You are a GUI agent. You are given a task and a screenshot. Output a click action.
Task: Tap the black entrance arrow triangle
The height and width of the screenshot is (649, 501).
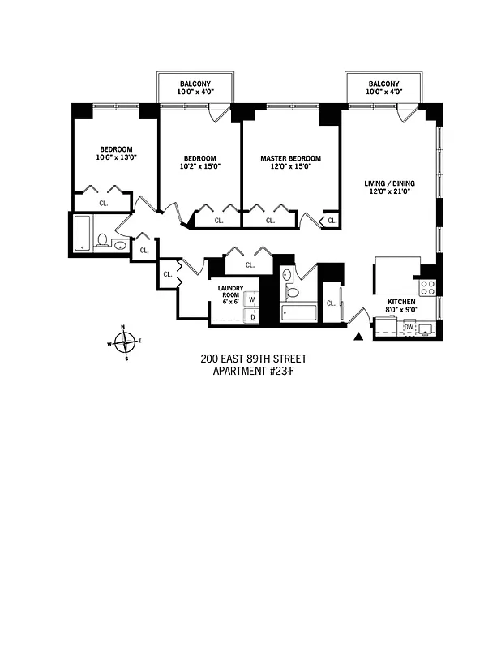tap(358, 335)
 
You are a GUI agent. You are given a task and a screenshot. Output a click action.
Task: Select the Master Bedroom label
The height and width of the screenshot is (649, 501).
tap(290, 158)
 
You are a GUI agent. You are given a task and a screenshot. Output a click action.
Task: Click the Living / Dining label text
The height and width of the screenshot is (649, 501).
tap(388, 184)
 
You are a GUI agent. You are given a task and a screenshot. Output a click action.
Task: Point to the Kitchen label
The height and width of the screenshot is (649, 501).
tap(401, 302)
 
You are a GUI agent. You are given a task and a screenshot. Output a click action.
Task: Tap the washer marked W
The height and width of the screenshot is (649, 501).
tap(252, 300)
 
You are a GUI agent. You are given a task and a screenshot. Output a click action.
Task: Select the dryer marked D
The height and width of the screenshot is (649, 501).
tap(252, 316)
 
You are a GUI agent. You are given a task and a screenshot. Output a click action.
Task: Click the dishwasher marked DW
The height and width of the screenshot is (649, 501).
tap(409, 327)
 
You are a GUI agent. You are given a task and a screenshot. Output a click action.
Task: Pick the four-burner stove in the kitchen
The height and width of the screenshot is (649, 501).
tap(428, 286)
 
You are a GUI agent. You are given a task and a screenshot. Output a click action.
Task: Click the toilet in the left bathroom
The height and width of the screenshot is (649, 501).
tap(103, 240)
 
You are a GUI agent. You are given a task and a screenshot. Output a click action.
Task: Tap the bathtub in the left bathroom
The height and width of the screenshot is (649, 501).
tap(83, 233)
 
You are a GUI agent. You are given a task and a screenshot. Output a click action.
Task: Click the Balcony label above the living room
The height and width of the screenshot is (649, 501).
tap(383, 84)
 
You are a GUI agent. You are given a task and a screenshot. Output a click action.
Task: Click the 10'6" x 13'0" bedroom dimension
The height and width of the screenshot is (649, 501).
tap(116, 157)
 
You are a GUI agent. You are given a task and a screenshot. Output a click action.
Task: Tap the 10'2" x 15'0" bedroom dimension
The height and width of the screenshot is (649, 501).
tap(199, 166)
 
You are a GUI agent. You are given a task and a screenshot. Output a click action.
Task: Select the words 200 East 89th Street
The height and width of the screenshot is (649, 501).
tap(253, 359)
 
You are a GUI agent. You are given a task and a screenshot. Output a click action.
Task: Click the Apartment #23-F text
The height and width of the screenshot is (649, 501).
tap(253, 372)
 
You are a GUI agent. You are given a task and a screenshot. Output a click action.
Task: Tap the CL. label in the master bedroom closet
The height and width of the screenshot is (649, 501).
tap(270, 220)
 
